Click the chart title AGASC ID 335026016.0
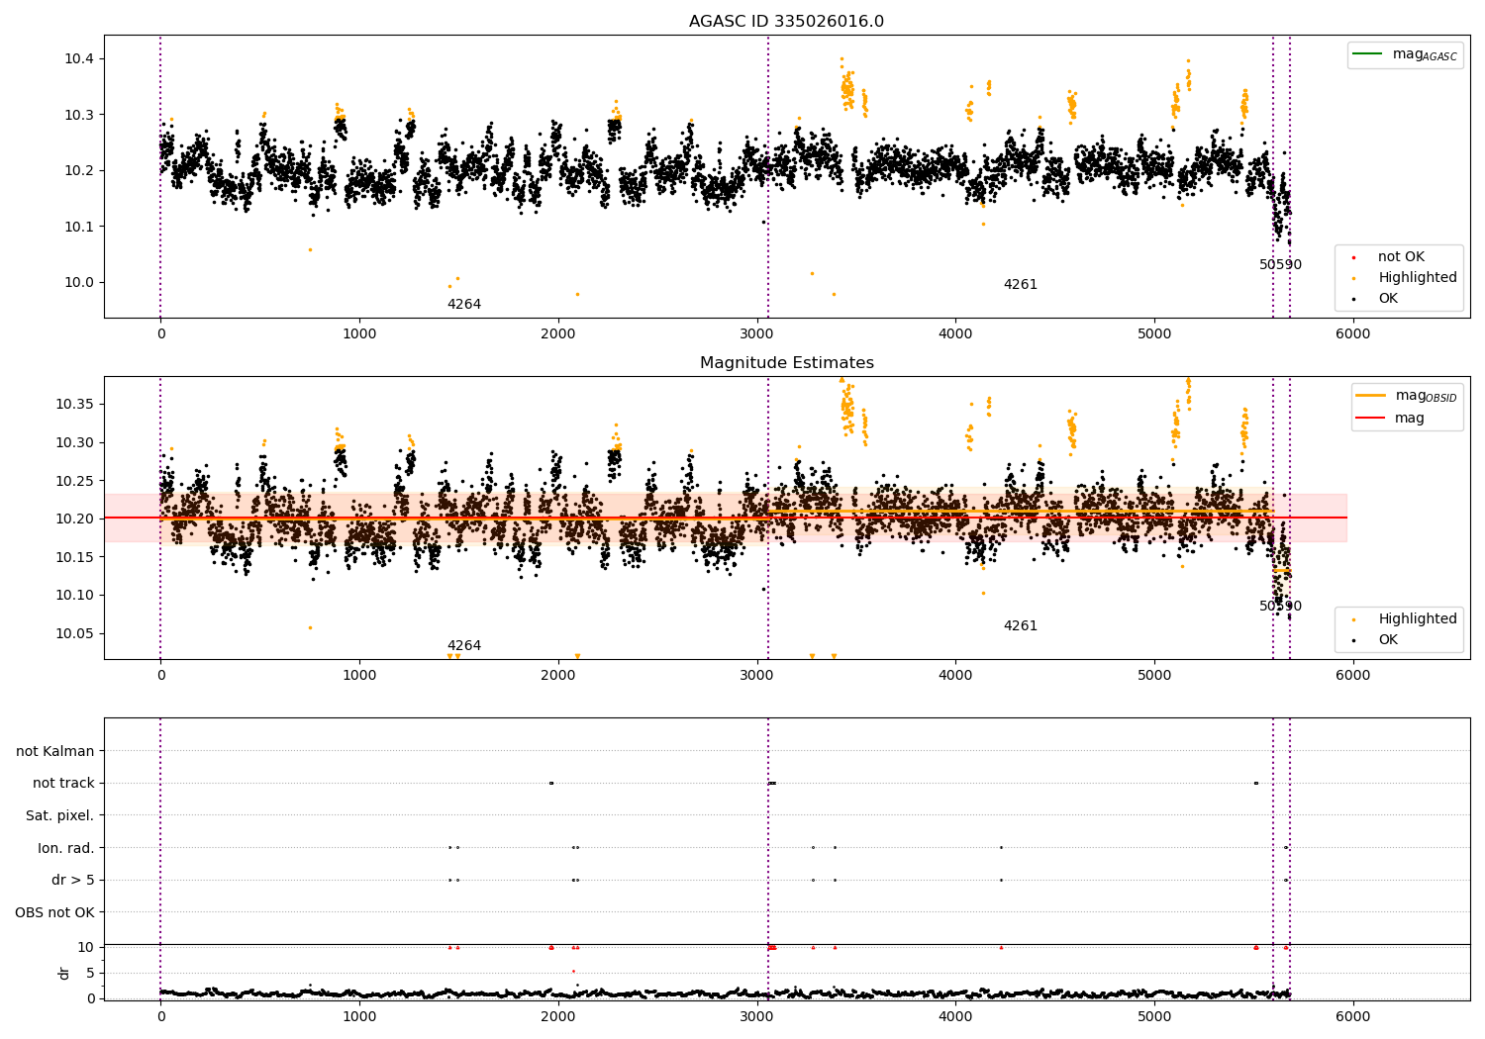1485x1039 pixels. [786, 22]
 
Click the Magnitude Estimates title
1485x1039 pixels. [786, 363]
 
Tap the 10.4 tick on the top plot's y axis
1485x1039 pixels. [79, 59]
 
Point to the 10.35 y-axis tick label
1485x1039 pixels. [75, 405]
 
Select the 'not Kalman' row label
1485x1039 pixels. [55, 751]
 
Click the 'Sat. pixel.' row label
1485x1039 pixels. [59, 815]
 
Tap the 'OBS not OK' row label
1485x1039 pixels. [54, 912]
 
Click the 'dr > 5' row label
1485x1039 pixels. [72, 880]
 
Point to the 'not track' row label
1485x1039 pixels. [63, 783]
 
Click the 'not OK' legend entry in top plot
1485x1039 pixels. [1401, 257]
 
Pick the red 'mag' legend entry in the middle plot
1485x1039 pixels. [1409, 418]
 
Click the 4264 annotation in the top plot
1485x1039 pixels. [463, 305]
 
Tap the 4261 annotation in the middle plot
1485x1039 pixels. [1020, 626]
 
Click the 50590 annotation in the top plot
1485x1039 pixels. [1280, 265]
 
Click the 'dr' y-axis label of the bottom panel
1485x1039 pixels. [64, 973]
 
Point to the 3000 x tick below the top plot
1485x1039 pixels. [756, 334]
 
